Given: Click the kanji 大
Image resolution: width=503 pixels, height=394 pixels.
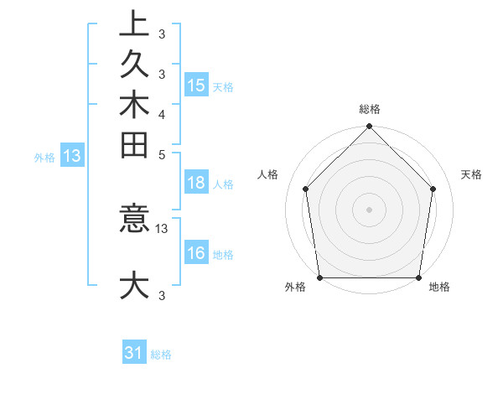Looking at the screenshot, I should pyautogui.click(x=134, y=285).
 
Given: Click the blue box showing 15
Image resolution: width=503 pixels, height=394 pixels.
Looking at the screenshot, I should pyautogui.click(x=195, y=85).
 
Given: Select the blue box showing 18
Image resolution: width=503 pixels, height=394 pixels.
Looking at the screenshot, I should pyautogui.click(x=195, y=184).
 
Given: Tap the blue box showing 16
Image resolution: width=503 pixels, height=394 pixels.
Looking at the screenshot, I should pyautogui.click(x=195, y=253).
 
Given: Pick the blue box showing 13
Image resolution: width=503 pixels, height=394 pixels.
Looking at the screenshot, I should pyautogui.click(x=73, y=155).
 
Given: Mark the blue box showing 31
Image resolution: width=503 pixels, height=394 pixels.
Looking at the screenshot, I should pyautogui.click(x=134, y=353).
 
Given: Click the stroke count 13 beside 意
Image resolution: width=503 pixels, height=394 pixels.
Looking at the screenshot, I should pyautogui.click(x=162, y=228).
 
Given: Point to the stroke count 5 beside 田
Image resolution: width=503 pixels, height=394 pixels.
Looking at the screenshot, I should pyautogui.click(x=162, y=154).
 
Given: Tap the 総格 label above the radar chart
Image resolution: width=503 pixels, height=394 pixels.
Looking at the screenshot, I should pyautogui.click(x=370, y=109).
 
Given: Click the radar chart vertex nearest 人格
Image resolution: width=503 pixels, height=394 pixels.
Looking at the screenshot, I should pyautogui.click(x=306, y=189).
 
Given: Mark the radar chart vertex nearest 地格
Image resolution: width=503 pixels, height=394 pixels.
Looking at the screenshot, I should pyautogui.click(x=419, y=277).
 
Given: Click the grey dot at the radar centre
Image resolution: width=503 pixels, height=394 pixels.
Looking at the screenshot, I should pyautogui.click(x=370, y=209).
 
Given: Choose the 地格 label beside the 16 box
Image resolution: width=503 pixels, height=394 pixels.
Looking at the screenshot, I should pyautogui.click(x=223, y=254).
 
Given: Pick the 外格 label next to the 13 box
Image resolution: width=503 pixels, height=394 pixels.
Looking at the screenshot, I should pyautogui.click(x=44, y=156).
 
